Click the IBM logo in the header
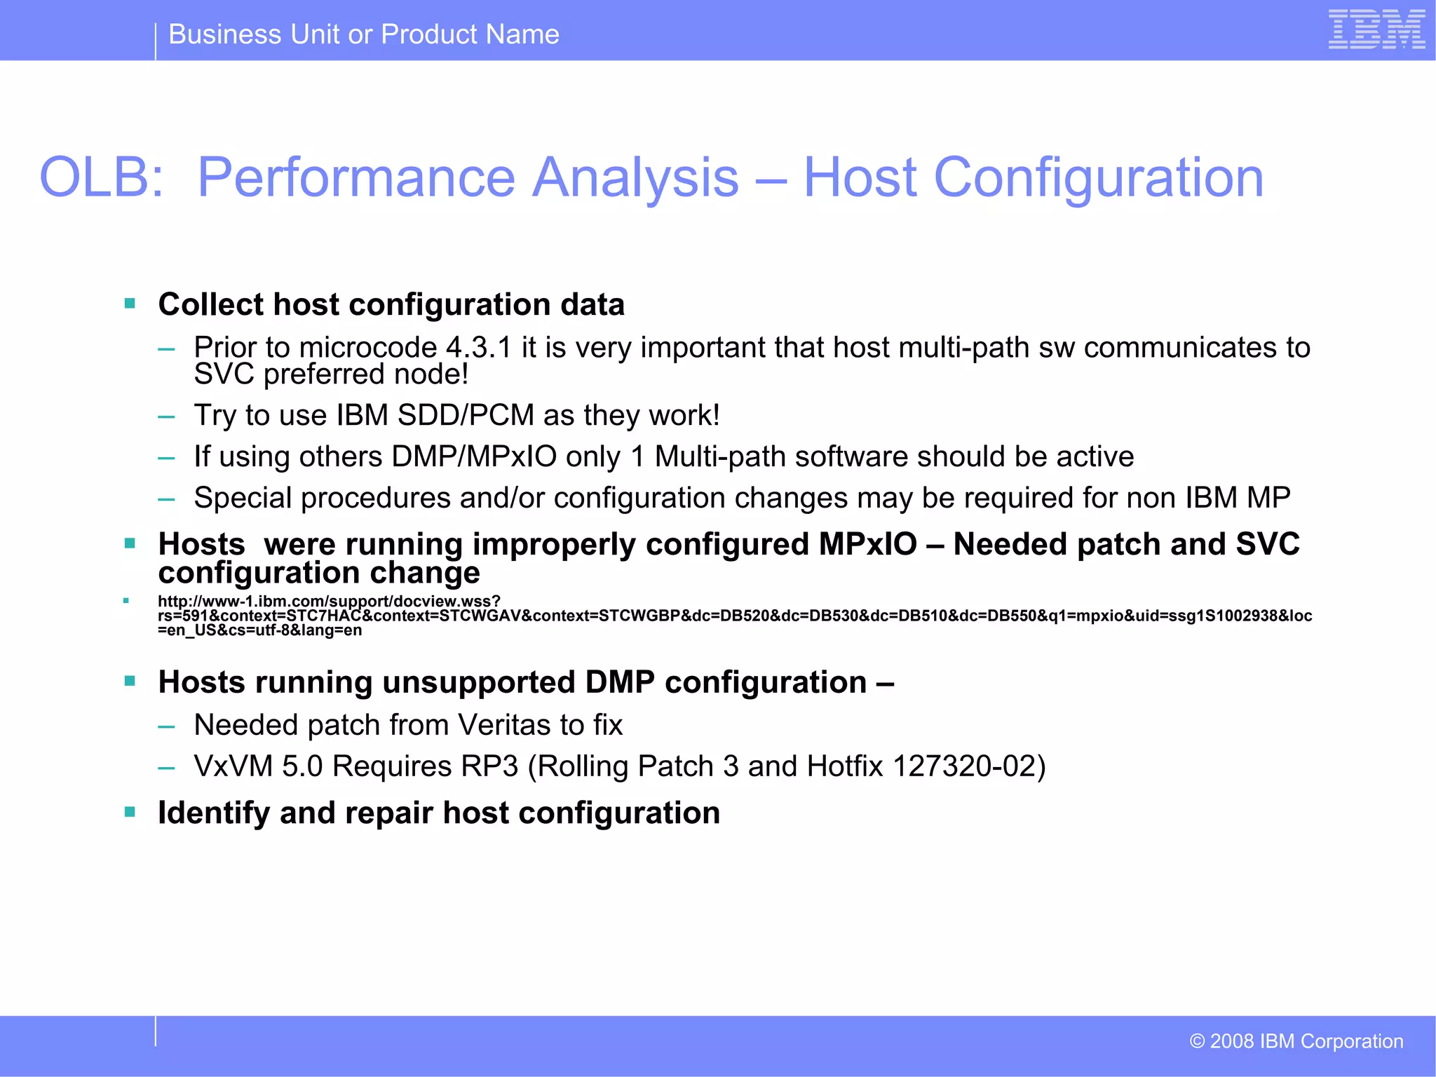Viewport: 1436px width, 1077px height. (1376, 29)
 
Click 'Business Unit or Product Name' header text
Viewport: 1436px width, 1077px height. (364, 34)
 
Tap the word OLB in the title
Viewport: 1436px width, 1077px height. (101, 177)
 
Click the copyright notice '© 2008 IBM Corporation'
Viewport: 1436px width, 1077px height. (1296, 1041)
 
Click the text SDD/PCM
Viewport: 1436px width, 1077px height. (466, 415)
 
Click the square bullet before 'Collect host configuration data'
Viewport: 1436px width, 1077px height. (130, 304)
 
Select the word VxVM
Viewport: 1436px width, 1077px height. (233, 766)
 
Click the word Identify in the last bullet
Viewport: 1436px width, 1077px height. (214, 813)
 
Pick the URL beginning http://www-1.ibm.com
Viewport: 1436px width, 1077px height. (329, 602)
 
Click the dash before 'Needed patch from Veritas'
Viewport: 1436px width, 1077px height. (166, 726)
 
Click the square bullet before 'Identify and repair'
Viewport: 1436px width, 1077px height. (130, 812)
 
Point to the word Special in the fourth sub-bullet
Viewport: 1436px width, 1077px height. (243, 498)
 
